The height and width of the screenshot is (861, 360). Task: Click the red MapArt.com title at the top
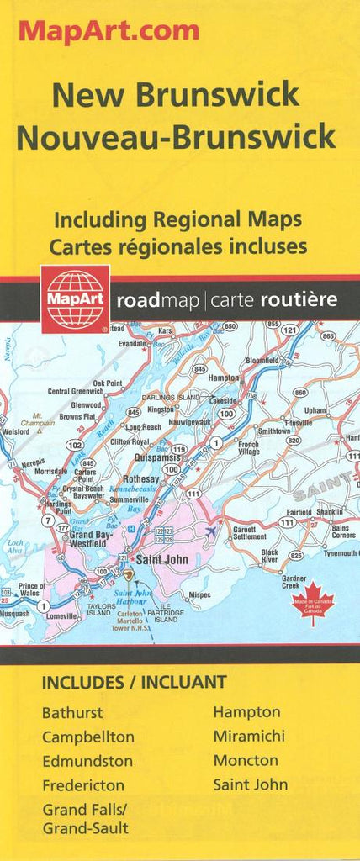pos(109,31)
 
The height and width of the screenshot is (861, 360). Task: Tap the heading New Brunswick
pos(175,95)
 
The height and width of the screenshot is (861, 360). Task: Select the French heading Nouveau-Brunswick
pos(176,136)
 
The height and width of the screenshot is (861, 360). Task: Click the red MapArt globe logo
pos(75,298)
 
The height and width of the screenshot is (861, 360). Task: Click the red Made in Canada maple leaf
pos(313,603)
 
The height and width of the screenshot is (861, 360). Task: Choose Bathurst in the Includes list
pos(72,712)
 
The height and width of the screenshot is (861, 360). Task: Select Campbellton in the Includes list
pos(87,737)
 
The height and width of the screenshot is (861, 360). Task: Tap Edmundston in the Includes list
pos(87,761)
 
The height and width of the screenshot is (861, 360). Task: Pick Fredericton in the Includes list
pos(83,785)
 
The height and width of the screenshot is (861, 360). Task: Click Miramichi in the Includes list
pos(248,736)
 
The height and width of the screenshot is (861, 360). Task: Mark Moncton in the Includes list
pos(245,760)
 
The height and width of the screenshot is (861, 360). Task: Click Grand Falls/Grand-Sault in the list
pos(85,818)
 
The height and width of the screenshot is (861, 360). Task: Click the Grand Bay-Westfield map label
pos(87,539)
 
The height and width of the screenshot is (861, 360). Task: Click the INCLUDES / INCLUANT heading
pos(134,682)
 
